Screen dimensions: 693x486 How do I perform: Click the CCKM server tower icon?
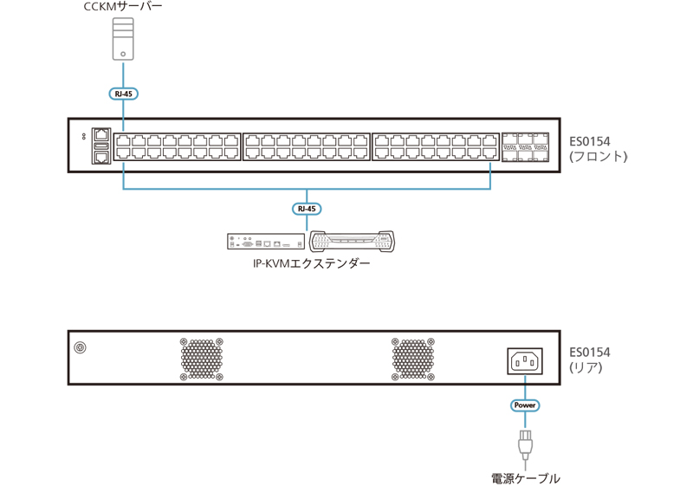[123, 39]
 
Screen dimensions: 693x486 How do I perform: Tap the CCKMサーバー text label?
[123, 7]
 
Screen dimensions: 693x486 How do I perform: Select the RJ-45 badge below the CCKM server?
[123, 94]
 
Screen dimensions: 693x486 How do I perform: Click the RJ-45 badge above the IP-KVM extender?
[307, 209]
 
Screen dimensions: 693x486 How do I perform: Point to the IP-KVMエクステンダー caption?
[312, 263]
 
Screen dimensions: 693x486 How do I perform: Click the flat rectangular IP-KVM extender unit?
[266, 242]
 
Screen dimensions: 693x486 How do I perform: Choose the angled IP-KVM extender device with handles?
[353, 241]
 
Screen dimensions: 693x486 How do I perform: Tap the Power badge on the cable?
[525, 405]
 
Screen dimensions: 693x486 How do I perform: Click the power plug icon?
[525, 446]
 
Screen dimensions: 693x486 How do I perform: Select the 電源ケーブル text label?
[526, 478]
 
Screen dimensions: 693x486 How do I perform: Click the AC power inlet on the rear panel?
[525, 361]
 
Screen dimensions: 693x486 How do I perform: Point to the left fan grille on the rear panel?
[202, 359]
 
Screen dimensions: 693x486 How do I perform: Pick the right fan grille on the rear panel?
[413, 359]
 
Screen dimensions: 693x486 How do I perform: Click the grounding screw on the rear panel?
[80, 347]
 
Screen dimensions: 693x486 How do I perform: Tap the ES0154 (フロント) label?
[598, 149]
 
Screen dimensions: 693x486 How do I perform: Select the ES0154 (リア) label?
[590, 360]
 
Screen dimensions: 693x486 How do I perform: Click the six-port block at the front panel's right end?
[525, 147]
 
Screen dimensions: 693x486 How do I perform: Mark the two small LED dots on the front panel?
[84, 137]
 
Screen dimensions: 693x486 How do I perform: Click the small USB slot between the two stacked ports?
[101, 146]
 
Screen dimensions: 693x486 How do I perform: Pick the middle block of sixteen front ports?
[307, 146]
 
